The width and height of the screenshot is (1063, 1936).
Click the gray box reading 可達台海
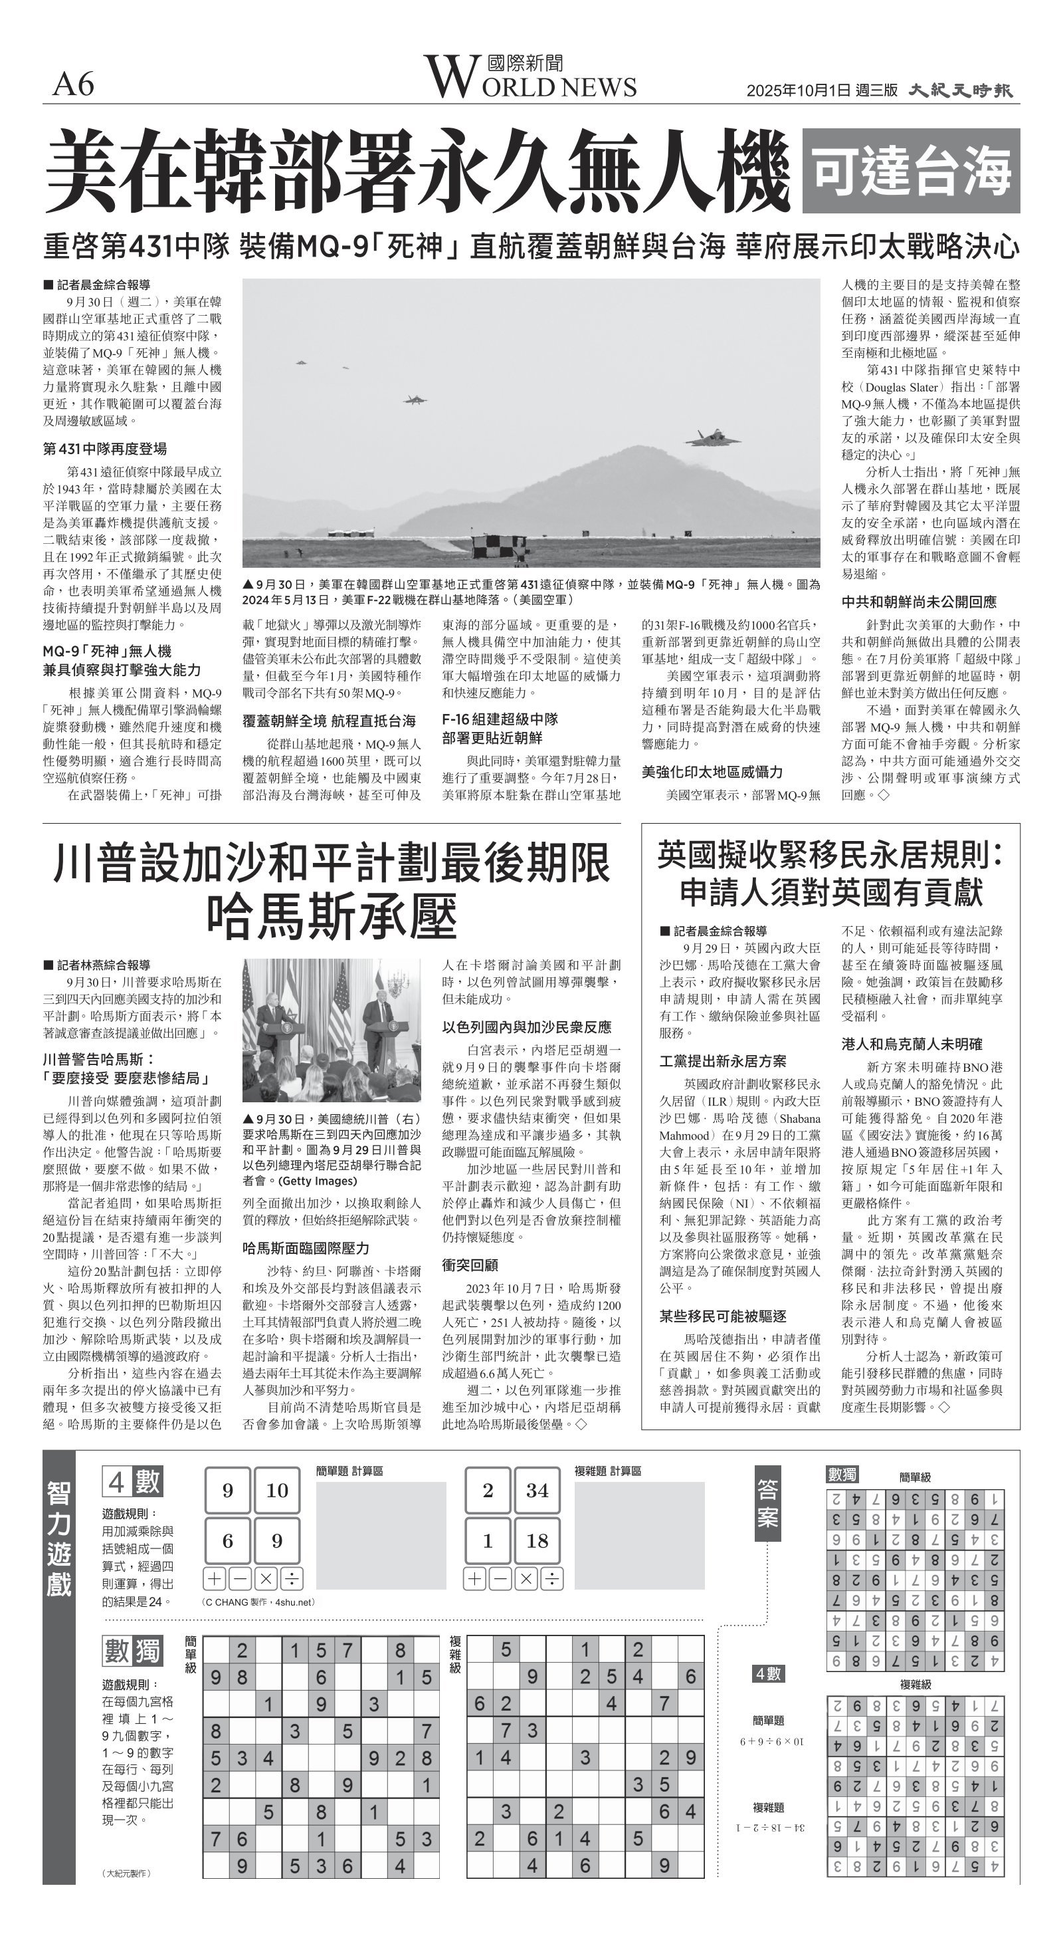tap(910, 172)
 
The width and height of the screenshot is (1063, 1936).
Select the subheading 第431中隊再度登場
tap(104, 449)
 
